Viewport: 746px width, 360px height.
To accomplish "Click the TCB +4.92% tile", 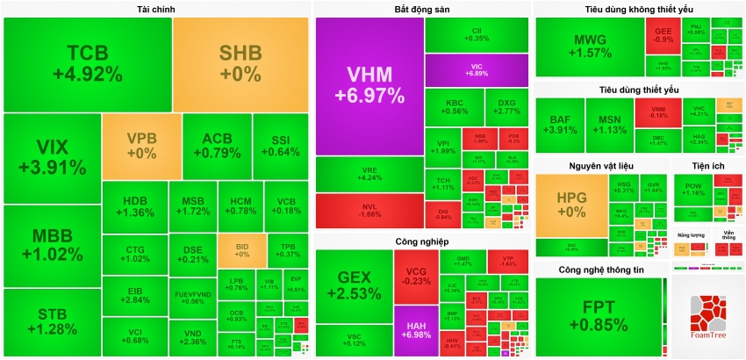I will point(88,63).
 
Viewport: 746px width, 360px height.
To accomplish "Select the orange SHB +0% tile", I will point(240,63).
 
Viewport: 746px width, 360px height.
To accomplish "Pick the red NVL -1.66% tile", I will point(369,209).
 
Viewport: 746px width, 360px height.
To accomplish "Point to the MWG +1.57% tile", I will point(590,46).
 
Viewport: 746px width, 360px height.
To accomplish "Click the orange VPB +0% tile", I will point(141,146).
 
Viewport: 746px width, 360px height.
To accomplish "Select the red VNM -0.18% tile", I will point(657,111).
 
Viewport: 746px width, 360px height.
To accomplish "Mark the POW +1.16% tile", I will point(693,190).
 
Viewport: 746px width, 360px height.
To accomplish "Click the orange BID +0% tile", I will point(241,250).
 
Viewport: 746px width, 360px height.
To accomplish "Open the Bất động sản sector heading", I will point(421,10).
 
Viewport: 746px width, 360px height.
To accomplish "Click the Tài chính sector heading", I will point(155,10).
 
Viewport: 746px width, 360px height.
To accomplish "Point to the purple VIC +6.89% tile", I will point(477,69).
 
